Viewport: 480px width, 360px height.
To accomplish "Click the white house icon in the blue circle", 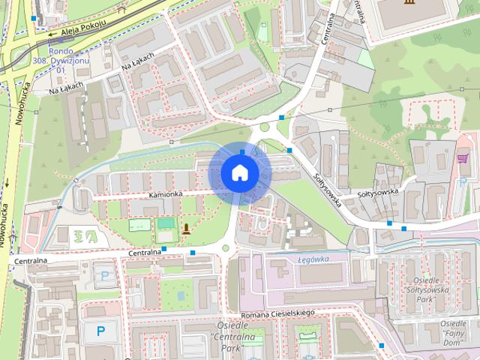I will click(x=239, y=172).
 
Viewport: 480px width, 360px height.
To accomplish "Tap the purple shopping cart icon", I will click(x=463, y=158).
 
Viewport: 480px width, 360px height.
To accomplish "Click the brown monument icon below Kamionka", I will click(x=186, y=227).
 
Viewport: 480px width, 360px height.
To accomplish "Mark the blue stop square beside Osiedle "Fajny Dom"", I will click(x=383, y=344).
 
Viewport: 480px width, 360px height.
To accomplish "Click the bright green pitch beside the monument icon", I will click(x=165, y=223).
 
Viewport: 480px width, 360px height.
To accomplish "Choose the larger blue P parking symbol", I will click(x=100, y=330).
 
